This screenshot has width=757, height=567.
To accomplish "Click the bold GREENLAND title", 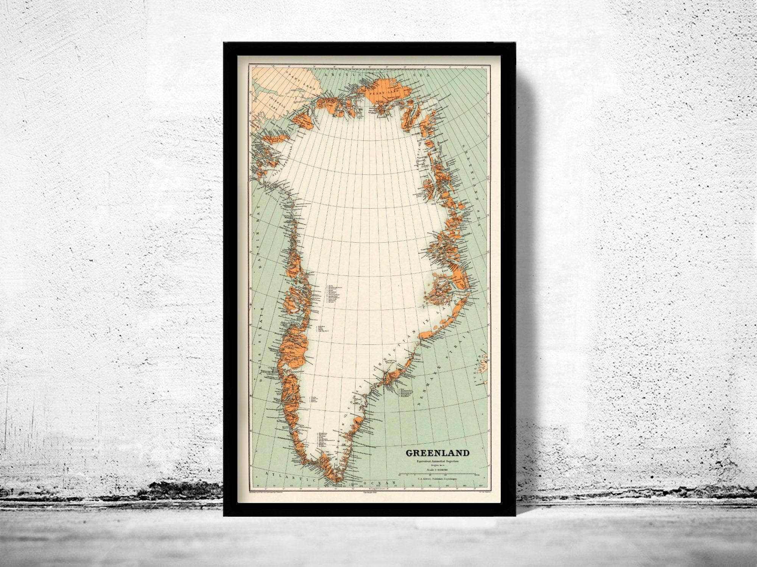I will click(x=438, y=453).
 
